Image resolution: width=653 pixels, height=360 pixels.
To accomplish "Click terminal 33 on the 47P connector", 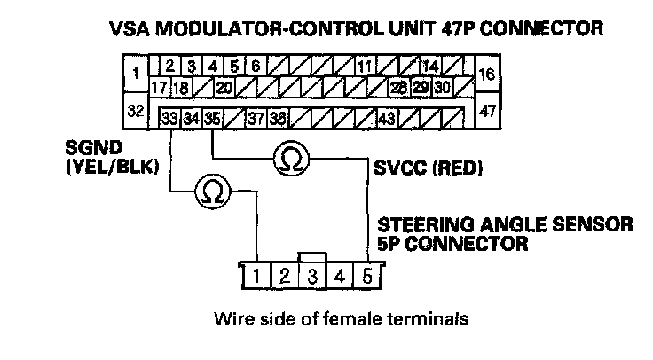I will click(169, 117).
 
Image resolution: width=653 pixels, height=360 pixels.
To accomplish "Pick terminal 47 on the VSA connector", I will click(487, 113).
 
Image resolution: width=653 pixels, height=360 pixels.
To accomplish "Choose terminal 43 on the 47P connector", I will click(387, 117).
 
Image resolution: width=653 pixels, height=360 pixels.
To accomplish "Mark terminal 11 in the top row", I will click(365, 67).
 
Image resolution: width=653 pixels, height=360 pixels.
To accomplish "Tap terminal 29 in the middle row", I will click(421, 88).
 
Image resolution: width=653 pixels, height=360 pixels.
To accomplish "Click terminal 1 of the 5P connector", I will click(256, 275).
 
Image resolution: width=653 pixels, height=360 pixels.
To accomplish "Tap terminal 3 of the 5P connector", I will click(312, 275).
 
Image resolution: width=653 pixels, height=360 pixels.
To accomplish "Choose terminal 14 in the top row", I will click(431, 67).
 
